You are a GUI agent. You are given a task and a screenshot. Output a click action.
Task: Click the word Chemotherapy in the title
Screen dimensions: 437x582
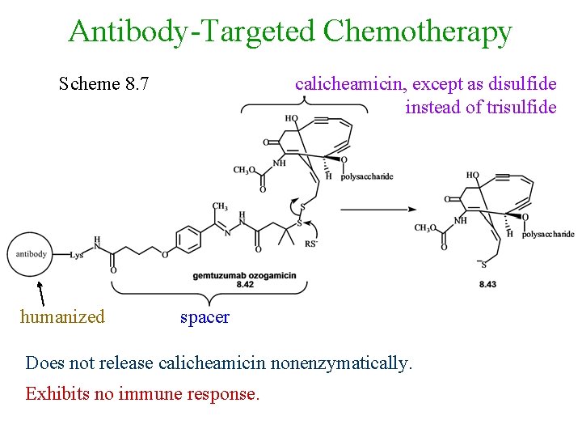click(x=417, y=32)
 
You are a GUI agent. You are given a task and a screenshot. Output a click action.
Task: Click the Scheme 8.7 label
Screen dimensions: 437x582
click(x=103, y=83)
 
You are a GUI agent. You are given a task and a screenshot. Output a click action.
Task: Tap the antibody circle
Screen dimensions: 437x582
click(x=31, y=253)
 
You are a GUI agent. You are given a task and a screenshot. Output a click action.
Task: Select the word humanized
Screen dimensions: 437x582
click(x=62, y=316)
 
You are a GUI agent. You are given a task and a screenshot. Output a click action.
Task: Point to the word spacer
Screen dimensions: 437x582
click(x=205, y=316)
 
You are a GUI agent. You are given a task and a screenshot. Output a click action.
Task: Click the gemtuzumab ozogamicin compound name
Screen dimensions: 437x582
click(x=244, y=276)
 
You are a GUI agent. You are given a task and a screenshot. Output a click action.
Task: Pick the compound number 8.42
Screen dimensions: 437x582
click(x=245, y=285)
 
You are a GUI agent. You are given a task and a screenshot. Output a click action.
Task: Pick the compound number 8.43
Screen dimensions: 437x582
click(x=487, y=284)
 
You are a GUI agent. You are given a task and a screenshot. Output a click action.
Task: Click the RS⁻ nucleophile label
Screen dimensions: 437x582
click(x=310, y=244)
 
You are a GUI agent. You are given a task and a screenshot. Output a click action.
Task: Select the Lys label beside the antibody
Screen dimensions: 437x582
click(x=77, y=254)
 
